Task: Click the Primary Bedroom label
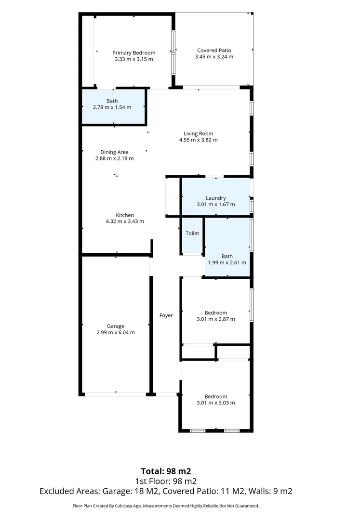pos(134,53)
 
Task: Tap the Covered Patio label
pos(214,50)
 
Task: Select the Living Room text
pos(198,134)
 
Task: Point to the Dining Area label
pos(114,152)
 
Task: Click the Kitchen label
pos(125,215)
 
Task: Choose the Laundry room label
pos(215,198)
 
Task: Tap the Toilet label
pos(192,233)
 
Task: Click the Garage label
pos(116,326)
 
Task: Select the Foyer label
pos(166,315)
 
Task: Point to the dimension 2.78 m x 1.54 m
pos(112,107)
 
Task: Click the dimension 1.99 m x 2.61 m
pos(227,263)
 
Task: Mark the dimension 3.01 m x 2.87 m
pos(215,319)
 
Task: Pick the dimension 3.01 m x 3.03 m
pos(215,403)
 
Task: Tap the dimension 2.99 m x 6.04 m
pos(116,332)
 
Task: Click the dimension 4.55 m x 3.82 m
pos(198,140)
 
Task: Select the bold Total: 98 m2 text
pos(166,471)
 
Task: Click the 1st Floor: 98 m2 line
pos(166,481)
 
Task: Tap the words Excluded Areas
pos(69,492)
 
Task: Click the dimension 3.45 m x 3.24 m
pos(214,56)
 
